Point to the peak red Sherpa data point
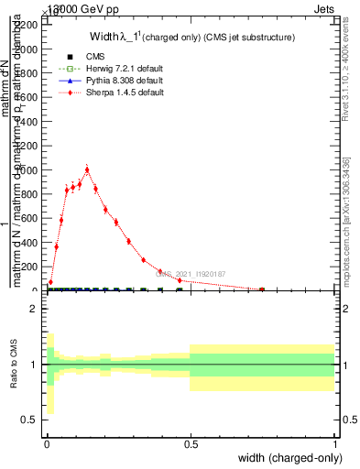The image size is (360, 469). (87, 169)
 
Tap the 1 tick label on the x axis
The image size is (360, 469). (336, 443)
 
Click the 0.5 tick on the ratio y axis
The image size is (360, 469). (27, 420)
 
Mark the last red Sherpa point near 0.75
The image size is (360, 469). (262, 289)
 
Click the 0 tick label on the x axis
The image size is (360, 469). (47, 443)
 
